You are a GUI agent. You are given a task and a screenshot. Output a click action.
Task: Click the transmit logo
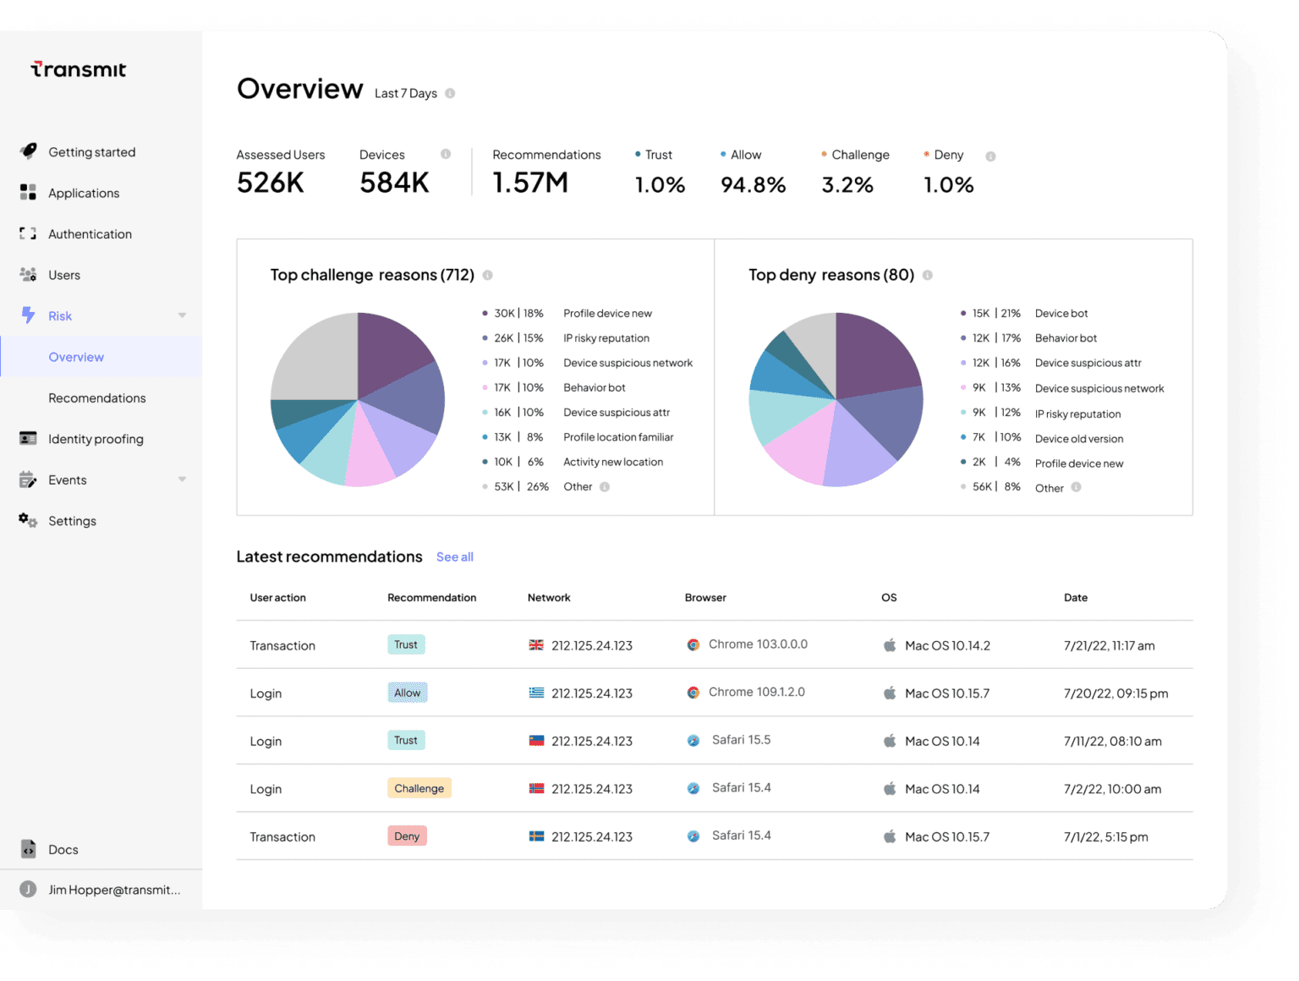pos(79,69)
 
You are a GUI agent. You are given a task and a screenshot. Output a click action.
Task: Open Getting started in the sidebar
pos(91,152)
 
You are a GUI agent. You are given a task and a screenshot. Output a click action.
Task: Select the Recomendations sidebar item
pos(96,398)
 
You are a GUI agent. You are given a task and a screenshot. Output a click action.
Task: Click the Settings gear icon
pos(28,520)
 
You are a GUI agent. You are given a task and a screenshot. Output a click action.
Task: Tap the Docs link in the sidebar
pos(63,850)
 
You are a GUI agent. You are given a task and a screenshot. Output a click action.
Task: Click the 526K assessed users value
pos(271,183)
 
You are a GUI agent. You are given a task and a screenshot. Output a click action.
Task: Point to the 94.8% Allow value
pos(753,185)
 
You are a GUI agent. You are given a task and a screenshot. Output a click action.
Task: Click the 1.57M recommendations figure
pos(530,183)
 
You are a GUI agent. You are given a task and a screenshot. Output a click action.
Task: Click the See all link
pos(454,557)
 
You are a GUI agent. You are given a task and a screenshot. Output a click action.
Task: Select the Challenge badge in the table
pos(419,788)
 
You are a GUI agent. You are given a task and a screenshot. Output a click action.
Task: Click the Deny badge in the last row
pos(407,836)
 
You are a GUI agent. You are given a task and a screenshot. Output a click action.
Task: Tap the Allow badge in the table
pos(407,693)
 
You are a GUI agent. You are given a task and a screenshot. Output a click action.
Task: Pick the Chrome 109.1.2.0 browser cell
pos(756,692)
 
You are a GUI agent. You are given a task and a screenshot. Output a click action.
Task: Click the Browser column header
pos(705,598)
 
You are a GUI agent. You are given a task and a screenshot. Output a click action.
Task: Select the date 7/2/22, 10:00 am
pos(1112,789)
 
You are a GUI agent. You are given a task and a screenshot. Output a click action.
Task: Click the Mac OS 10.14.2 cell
pos(947,645)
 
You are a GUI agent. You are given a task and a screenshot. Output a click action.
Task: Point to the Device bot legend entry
pos(1061,314)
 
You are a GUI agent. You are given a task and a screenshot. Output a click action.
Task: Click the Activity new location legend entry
pos(613,463)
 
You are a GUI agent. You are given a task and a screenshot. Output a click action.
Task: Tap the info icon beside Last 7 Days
pos(450,94)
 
